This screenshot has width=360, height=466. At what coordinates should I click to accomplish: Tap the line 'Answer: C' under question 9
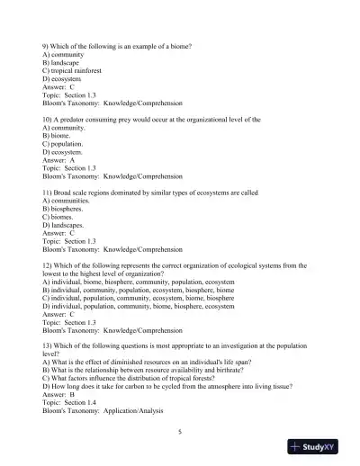pos(61,87)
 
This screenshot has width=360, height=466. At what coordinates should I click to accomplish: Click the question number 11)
pos(49,192)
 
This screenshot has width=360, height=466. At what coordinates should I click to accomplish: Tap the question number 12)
pos(49,265)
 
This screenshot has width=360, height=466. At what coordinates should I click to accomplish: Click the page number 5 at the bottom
pos(180,432)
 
